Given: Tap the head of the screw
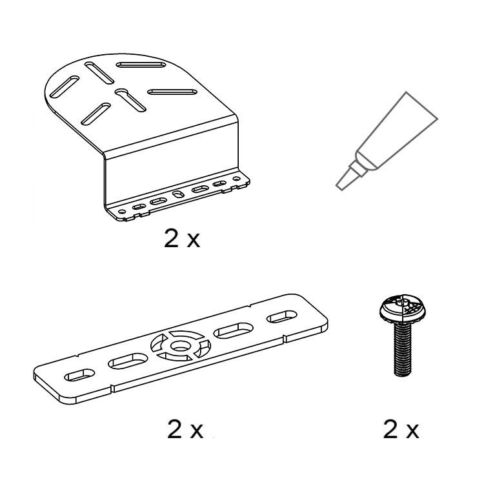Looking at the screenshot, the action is [x=401, y=309].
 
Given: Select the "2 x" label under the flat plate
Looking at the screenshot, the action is [x=185, y=429].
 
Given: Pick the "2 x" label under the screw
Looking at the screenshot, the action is [x=401, y=429].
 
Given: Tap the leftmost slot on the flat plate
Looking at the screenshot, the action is [x=79, y=375].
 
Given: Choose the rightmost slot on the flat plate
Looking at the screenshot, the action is [x=282, y=317].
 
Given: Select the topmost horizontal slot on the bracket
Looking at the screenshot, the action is [x=142, y=65].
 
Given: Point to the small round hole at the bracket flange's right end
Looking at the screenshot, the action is [x=236, y=179].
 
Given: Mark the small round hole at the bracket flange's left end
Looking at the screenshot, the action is [x=122, y=212].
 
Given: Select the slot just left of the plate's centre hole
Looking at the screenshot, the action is [x=128, y=361].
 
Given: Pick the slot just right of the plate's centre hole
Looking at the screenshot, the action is [x=234, y=330].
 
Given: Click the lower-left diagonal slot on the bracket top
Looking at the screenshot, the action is [x=96, y=114].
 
